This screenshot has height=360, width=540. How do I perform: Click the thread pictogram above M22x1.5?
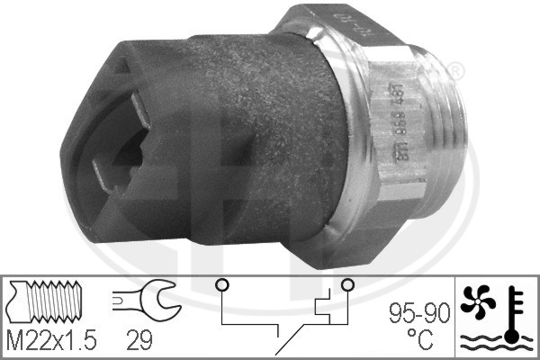click(47, 301)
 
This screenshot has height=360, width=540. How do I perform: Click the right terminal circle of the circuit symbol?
click(348, 285)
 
